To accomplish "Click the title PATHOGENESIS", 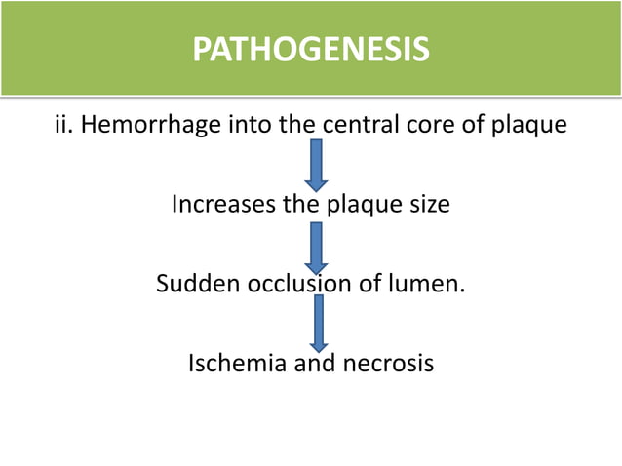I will pyautogui.click(x=310, y=49).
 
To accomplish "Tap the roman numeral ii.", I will pyautogui.click(x=62, y=126).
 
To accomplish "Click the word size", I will pyautogui.click(x=429, y=206).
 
